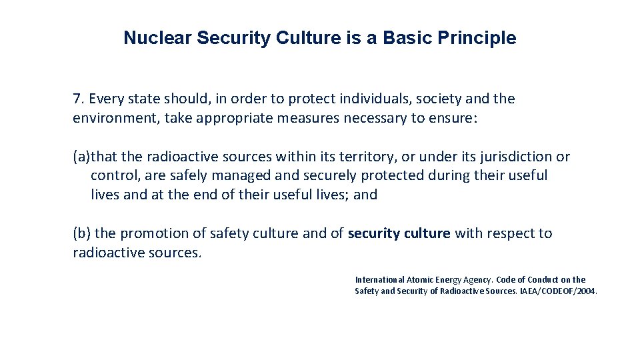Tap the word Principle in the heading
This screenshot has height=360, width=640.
tap(477, 38)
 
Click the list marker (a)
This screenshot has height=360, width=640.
tap(81, 157)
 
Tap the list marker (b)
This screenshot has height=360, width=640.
tap(82, 233)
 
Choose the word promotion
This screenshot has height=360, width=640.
tap(162, 233)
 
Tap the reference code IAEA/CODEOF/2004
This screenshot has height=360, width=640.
tap(564, 291)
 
